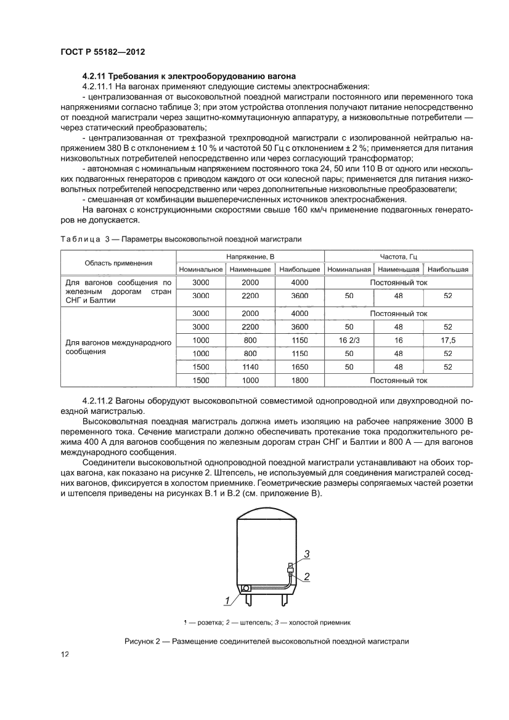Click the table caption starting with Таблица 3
pos(181,239)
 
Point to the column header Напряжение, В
pos(250,256)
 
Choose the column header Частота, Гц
pos(398,256)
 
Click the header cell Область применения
pos(118,262)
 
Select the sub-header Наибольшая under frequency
pos(448,269)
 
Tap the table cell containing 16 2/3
pos(349,340)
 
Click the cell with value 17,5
pos(448,340)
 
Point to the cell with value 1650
pos(299,366)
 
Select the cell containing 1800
pos(299,381)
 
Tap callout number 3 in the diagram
pos(306,554)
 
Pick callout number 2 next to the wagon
pos(306,577)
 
